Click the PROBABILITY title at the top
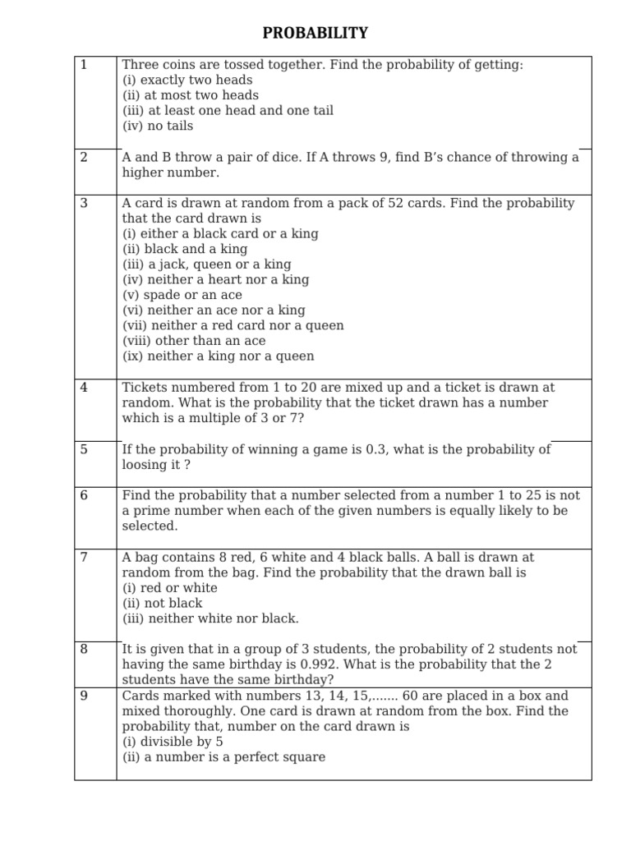pyautogui.click(x=315, y=34)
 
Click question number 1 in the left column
pyautogui.click(x=83, y=65)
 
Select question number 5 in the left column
pyautogui.click(x=83, y=449)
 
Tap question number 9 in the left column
pyautogui.click(x=83, y=696)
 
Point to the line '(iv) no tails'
pyautogui.click(x=158, y=126)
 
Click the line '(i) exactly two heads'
pyautogui.click(x=187, y=80)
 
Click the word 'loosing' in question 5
pyautogui.click(x=145, y=464)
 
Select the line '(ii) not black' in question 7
pyautogui.click(x=163, y=603)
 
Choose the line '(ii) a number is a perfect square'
pyautogui.click(x=223, y=757)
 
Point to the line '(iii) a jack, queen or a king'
pyautogui.click(x=206, y=264)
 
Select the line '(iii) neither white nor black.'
pyautogui.click(x=210, y=618)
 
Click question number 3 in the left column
pyautogui.click(x=83, y=203)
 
